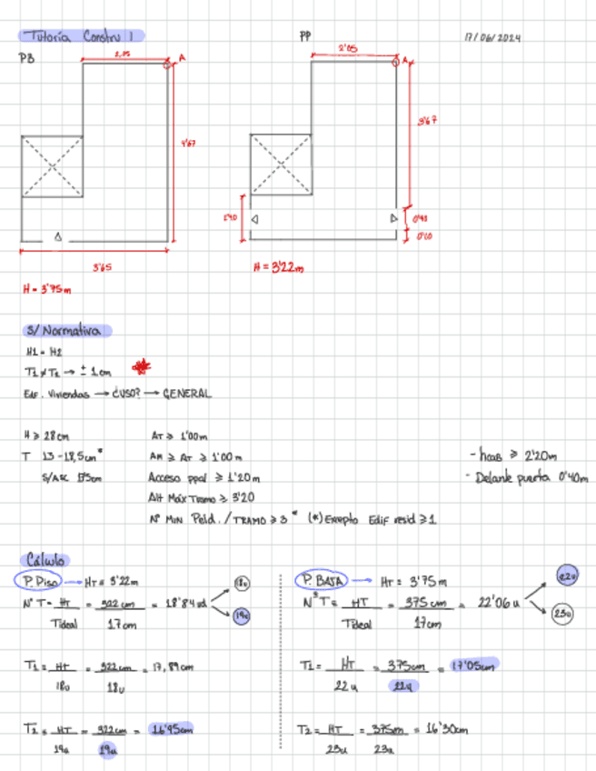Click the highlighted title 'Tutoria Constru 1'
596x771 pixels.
point(81,35)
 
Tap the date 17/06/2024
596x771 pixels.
point(492,38)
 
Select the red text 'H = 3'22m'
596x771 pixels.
point(278,267)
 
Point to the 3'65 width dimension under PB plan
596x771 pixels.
point(102,267)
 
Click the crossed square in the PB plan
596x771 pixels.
point(52,166)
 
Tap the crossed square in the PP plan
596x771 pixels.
point(281,165)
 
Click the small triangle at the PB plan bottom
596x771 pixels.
point(58,236)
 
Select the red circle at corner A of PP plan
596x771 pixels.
point(395,62)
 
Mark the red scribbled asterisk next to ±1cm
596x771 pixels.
point(141,367)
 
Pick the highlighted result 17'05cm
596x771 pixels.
point(474,666)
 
